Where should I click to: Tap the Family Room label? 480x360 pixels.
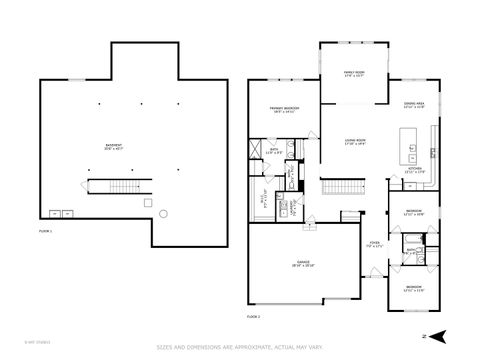(354, 74)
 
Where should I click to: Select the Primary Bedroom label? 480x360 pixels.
(283, 109)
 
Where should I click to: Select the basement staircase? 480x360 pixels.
(112, 187)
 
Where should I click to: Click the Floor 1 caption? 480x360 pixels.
(45, 231)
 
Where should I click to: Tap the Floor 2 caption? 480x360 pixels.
(254, 316)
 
